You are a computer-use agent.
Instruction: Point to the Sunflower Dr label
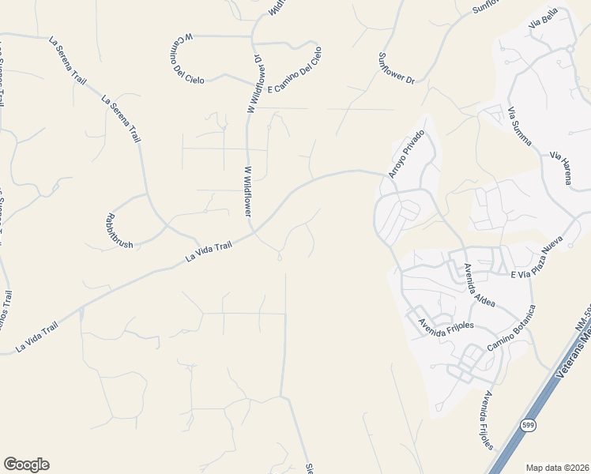397,68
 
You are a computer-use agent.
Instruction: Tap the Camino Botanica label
510,329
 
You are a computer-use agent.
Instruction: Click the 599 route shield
526,426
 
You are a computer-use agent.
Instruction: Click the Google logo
26,465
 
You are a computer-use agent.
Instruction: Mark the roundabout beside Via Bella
569,49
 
